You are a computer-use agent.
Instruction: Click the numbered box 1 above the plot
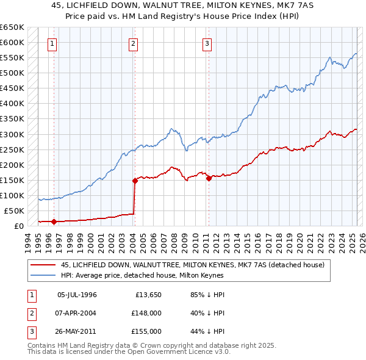click(x=53, y=43)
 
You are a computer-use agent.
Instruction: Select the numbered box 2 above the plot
click(x=134, y=43)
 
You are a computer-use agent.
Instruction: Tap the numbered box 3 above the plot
click(x=207, y=43)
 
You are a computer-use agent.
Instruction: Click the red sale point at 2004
click(x=135, y=181)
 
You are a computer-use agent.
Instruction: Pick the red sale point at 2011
click(x=209, y=178)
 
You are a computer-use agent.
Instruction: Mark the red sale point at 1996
click(x=54, y=221)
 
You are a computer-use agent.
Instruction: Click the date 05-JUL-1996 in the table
click(x=77, y=295)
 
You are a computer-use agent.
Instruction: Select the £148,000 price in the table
click(x=146, y=313)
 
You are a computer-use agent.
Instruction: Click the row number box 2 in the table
click(x=30, y=313)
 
